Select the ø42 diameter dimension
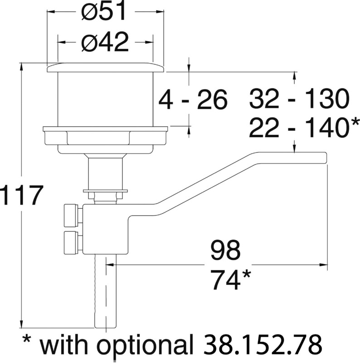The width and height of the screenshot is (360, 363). click(x=105, y=43)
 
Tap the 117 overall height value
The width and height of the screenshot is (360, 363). click(x=21, y=196)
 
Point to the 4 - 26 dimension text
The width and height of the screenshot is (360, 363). click(x=193, y=100)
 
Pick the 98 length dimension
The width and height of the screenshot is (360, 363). click(x=225, y=250)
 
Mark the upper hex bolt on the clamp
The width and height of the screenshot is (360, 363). click(x=72, y=215)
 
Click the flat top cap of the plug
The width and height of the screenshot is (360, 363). click(x=105, y=68)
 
